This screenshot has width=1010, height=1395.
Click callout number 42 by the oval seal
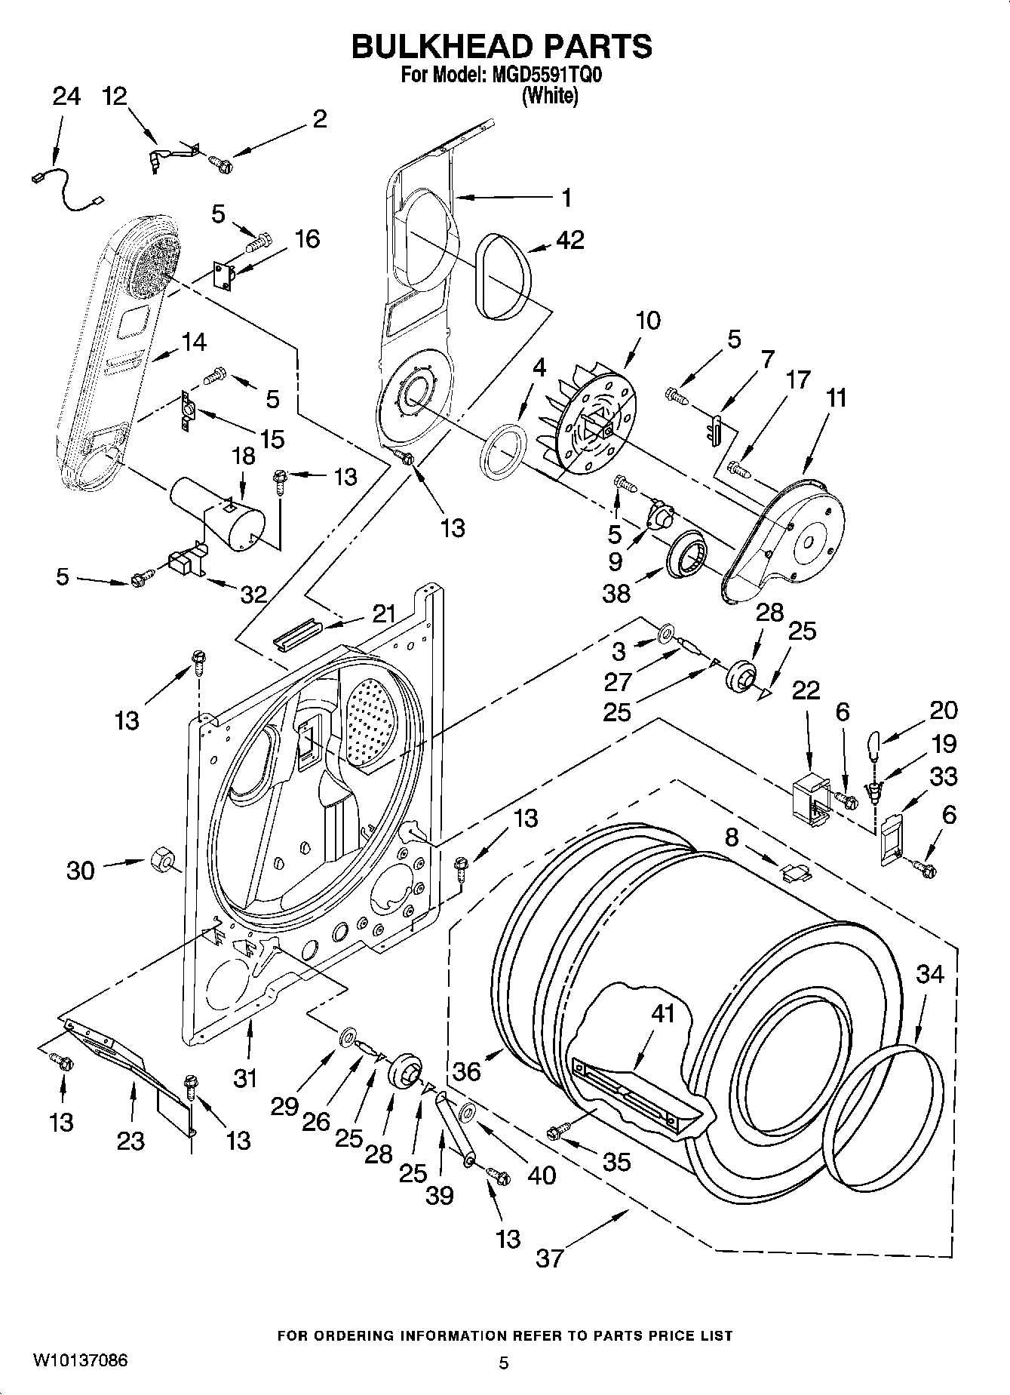(569, 240)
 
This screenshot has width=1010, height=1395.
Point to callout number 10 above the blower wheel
(648, 321)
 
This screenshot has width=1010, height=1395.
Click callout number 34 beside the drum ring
(929, 974)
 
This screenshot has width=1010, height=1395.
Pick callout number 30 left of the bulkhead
(81, 871)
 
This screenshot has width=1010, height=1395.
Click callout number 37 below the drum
(549, 1258)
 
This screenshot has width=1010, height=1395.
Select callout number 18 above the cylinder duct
(243, 456)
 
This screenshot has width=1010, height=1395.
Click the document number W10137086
(80, 1360)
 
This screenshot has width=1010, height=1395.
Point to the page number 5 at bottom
(504, 1363)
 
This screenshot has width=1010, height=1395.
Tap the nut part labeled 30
(161, 859)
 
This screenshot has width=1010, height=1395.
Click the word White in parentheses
(550, 97)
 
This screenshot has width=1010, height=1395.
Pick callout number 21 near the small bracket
(383, 613)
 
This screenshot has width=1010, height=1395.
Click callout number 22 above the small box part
(806, 690)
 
